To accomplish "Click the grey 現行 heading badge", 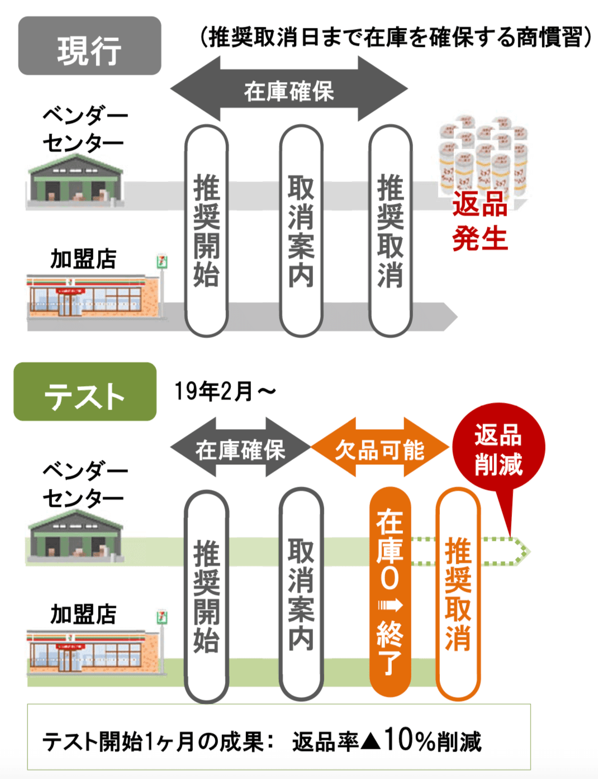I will click(x=89, y=46).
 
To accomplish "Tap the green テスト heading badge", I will click(x=85, y=392).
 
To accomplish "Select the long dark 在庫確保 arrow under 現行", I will click(x=289, y=89).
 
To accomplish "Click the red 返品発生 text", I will click(x=480, y=221).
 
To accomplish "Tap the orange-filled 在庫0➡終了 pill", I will click(x=390, y=592).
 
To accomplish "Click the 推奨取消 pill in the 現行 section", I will click(x=390, y=231).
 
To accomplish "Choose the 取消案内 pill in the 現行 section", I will click(x=301, y=231).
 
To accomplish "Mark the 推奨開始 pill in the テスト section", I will click(x=206, y=596).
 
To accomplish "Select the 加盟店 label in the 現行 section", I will click(x=83, y=259).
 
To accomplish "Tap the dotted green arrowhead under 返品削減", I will click(x=522, y=552).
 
